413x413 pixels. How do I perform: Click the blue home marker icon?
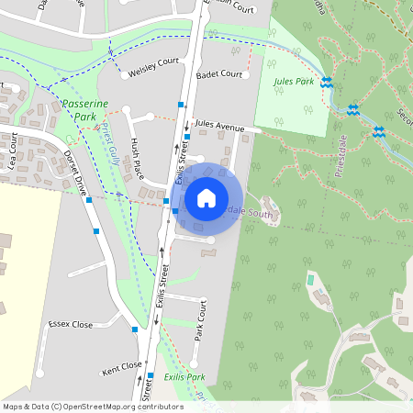[206, 197]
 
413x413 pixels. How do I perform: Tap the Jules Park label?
[294, 82]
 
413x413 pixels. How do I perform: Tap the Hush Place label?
[138, 158]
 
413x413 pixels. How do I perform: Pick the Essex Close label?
[72, 324]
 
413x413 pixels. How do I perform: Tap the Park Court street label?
[199, 320]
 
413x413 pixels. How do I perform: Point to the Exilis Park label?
[184, 377]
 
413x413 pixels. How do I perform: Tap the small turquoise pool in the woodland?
[309, 279]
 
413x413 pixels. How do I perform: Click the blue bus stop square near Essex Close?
[135, 328]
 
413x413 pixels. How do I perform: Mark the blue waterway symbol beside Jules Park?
[326, 83]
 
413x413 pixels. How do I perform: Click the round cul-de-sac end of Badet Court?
[247, 75]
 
